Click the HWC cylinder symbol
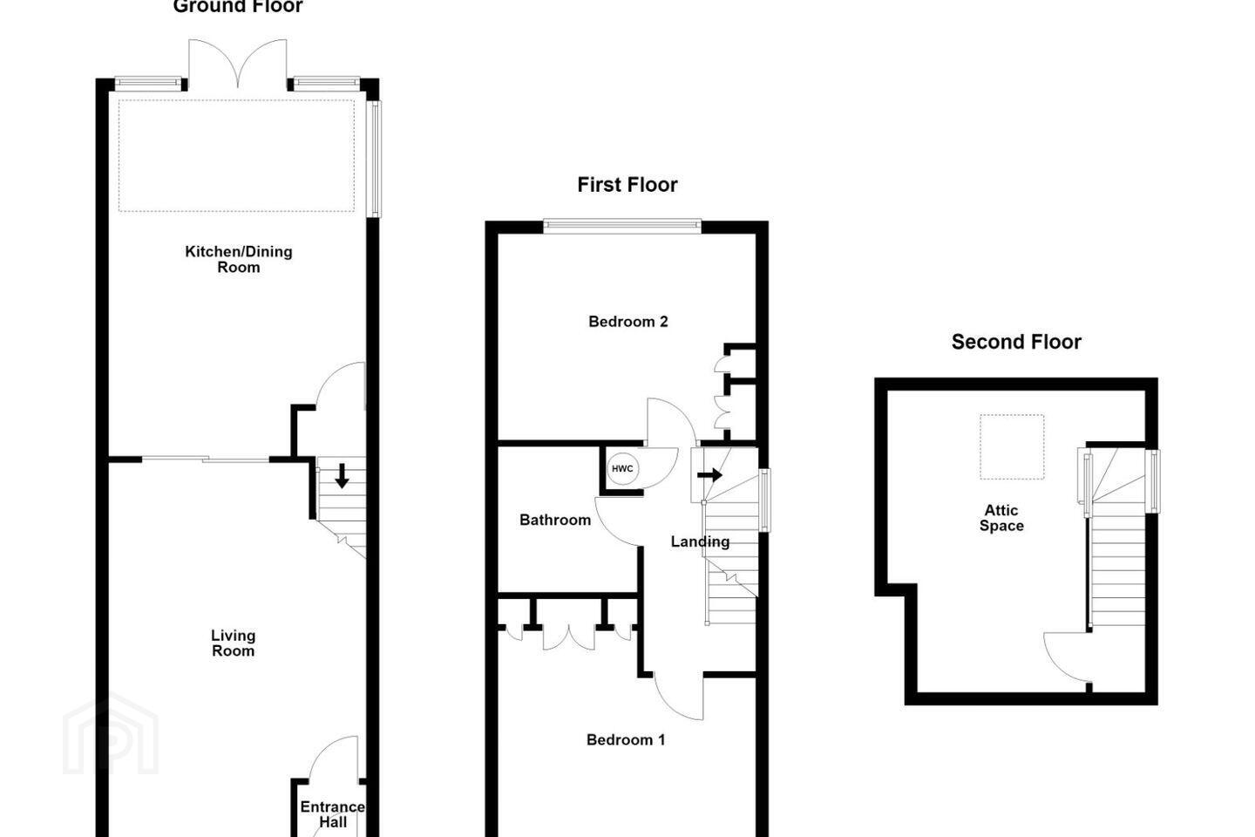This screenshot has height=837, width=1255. coord(622,469)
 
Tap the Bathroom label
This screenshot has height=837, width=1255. coord(554,520)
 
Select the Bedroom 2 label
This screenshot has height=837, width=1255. coord(628,321)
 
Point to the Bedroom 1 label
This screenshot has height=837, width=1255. coord(626,739)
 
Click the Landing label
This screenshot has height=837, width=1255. coord(700,541)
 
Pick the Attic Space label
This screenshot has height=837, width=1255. coord(1001,518)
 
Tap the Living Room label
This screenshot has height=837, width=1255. coord(233,643)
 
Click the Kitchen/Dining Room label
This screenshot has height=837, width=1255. coord(239,259)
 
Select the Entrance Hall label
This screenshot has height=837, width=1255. coord(333,814)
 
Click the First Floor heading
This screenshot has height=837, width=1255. coord(627,185)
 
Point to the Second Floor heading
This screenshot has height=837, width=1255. coord(1016,342)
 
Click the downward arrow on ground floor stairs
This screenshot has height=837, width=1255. coord(342,475)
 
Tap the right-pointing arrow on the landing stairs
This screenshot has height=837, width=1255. coord(709,475)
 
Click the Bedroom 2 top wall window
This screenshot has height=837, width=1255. coord(622,226)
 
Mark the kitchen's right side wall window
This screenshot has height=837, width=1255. coord(374,159)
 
